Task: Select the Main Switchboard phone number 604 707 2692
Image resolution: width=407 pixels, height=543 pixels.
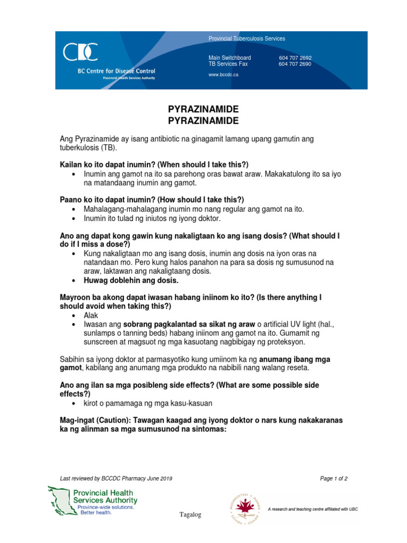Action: point(295,58)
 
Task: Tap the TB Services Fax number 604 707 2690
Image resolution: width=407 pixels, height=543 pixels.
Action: point(295,64)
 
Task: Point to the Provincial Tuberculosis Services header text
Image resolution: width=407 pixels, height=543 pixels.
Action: point(246,39)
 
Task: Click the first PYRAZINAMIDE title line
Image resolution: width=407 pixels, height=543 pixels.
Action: point(203,109)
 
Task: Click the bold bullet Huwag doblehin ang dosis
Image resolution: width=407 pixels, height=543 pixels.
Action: point(131,281)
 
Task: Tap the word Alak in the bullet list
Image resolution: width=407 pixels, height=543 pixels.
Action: point(91,315)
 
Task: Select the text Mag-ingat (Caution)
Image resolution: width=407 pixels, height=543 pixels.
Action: point(93,420)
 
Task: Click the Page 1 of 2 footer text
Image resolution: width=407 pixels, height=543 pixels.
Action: point(334,478)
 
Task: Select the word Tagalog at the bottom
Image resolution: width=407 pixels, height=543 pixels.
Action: point(190,515)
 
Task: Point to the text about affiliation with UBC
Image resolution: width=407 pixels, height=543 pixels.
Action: point(313,509)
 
